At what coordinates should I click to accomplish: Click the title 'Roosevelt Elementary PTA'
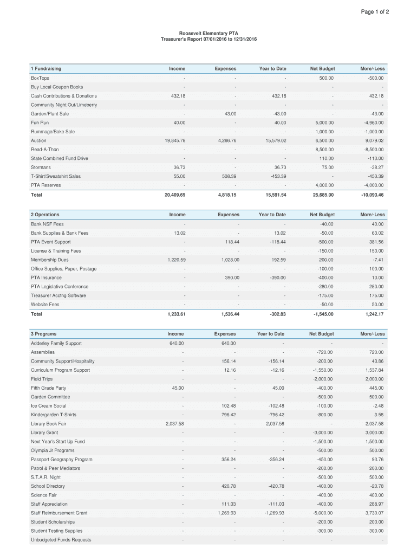pos(208,33)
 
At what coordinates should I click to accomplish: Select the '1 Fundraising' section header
pos(46,69)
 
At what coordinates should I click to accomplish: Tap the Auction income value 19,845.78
pos(175,140)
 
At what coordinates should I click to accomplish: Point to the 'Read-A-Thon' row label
pos(45,150)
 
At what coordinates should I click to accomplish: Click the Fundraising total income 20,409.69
pos(175,195)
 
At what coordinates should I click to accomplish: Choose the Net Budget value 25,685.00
pos(322,195)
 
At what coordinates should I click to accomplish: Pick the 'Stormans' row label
pos(41,167)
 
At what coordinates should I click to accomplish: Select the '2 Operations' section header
pos(45,215)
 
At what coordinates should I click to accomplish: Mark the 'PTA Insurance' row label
pos(46,277)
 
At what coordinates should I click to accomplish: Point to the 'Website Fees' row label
pos(45,305)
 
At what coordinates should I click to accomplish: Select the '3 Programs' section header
pos(43,334)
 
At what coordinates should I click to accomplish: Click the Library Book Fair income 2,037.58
pos(174,424)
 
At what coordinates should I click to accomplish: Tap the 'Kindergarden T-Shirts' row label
pos(54,415)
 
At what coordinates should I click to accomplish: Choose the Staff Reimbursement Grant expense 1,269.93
pos(227,513)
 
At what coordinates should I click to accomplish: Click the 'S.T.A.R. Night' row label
pos(45,477)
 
